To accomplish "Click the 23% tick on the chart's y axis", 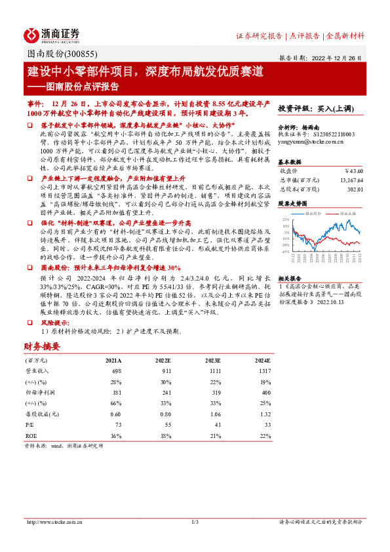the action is click(x=286, y=219).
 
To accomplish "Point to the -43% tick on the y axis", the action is click(x=286, y=251).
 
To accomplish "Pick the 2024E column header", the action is click(x=262, y=361).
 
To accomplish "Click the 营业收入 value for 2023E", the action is click(x=212, y=371).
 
